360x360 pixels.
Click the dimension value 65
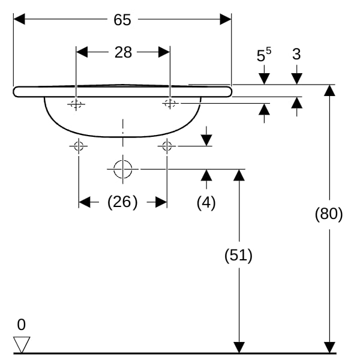click(x=122, y=20)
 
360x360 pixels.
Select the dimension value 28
click(x=123, y=52)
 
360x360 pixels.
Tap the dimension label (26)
click(x=122, y=202)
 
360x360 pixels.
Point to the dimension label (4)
click(x=206, y=203)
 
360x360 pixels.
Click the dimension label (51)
click(x=238, y=255)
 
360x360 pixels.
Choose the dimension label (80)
click(x=329, y=214)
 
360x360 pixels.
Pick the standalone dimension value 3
click(x=296, y=55)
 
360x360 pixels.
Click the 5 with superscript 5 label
click(x=264, y=55)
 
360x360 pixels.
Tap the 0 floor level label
click(x=22, y=325)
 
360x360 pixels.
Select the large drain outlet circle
click(x=123, y=169)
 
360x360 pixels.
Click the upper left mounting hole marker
click(x=76, y=104)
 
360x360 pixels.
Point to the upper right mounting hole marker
click(x=170, y=103)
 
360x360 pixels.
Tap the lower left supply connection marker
click(x=79, y=146)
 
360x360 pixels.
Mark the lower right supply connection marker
click(x=167, y=146)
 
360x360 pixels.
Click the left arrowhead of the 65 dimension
click(x=19, y=19)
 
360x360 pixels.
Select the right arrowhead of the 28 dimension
click(x=164, y=52)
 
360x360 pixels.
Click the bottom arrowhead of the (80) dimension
click(x=329, y=347)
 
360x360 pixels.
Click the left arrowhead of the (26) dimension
click(x=84, y=202)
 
